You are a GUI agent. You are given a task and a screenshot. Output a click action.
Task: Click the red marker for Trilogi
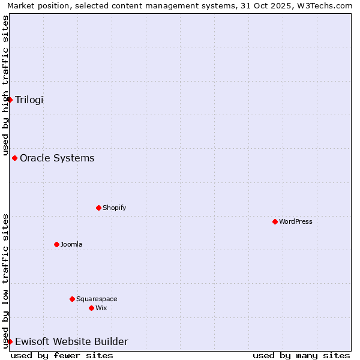tap(10, 100)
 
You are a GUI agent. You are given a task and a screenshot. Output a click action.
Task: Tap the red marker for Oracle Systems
tap(15, 158)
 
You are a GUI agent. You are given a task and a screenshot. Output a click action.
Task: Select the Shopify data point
tap(99, 208)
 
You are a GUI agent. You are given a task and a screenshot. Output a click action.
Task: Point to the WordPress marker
tap(275, 222)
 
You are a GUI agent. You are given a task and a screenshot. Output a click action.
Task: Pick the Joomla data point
tap(57, 245)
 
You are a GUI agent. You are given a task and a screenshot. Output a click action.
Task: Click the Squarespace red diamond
tap(73, 299)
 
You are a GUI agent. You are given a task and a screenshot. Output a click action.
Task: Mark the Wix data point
tap(92, 308)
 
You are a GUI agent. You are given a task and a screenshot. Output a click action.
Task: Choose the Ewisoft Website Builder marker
tap(10, 342)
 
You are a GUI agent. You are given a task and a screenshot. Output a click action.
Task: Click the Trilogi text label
tap(29, 100)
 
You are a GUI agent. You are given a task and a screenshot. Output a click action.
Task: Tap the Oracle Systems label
tap(57, 158)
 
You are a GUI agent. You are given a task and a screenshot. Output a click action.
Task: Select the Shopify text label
tap(114, 208)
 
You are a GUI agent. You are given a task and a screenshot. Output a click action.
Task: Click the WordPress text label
tap(296, 222)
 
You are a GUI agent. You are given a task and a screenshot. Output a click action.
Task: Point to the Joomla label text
tap(71, 245)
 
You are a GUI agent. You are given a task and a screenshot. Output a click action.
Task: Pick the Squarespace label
tap(97, 299)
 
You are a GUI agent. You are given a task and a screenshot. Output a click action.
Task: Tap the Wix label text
tap(101, 308)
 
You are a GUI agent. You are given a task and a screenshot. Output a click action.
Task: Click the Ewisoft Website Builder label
tap(71, 342)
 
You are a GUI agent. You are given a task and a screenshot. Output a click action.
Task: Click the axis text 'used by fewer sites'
tap(62, 355)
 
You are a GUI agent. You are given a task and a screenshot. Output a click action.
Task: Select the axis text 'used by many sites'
tap(301, 355)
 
